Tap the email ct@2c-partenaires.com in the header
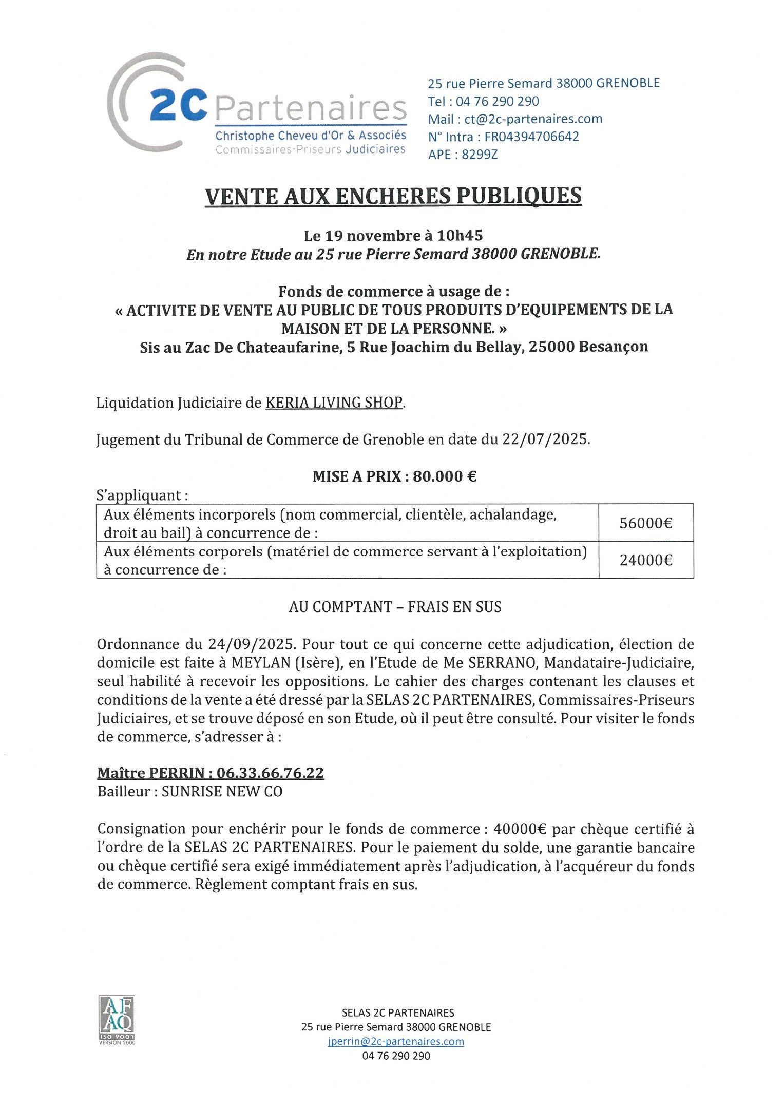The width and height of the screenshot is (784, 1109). click(x=533, y=119)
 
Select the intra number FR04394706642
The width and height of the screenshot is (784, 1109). click(x=531, y=137)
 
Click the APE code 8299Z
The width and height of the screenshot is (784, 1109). click(x=480, y=155)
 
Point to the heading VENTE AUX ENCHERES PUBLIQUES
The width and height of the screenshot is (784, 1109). click(x=393, y=196)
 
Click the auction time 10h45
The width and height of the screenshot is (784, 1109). click(x=460, y=236)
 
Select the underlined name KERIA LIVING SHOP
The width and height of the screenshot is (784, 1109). click(x=334, y=403)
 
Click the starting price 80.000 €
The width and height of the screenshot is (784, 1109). click(x=445, y=476)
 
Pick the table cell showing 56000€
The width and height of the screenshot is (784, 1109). click(x=645, y=523)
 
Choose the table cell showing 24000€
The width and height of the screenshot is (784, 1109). click(x=645, y=560)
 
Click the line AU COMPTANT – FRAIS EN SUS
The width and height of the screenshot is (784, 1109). click(x=395, y=607)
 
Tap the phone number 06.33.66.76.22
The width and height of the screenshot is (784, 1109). click(x=270, y=773)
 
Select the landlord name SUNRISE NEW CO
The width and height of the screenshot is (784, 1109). click(x=222, y=791)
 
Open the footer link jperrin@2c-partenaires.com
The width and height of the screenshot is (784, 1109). click(x=395, y=1042)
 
